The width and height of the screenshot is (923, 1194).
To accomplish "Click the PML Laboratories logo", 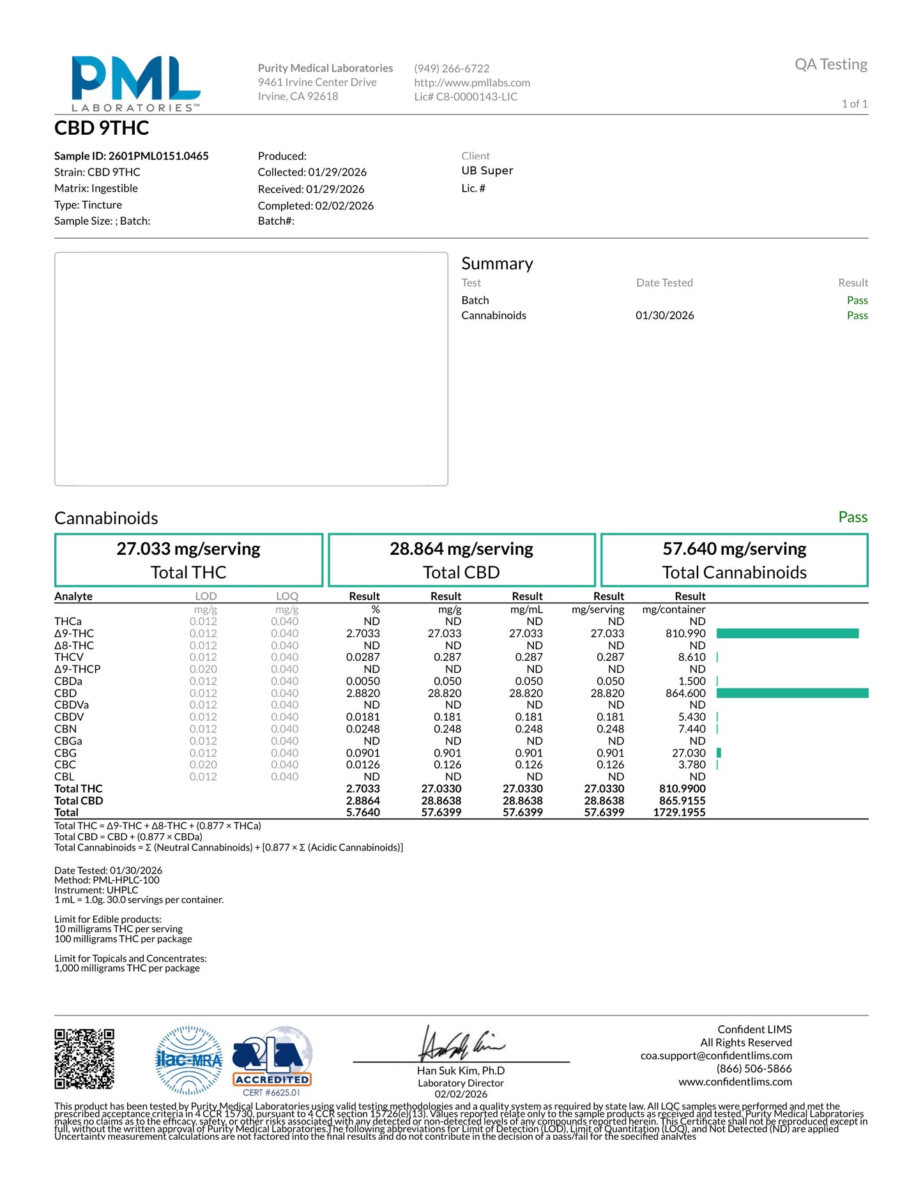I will click(x=135, y=84).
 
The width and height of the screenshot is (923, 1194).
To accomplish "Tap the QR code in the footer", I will click(x=84, y=1059).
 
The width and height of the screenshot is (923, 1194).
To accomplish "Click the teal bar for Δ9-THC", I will click(x=787, y=633).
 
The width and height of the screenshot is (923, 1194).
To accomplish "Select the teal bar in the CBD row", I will click(x=792, y=693).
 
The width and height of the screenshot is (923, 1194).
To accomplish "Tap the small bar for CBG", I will click(x=719, y=753).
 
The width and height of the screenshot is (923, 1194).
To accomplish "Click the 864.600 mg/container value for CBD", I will click(x=685, y=693).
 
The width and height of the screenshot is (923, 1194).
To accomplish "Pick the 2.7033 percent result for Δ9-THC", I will click(x=363, y=633).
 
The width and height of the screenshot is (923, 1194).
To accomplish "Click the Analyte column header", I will click(x=73, y=596).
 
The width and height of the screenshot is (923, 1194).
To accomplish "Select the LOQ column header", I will click(x=287, y=596).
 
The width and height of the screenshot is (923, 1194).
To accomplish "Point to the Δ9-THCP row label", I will click(x=77, y=669).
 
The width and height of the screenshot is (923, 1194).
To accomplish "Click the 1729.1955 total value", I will click(x=679, y=813).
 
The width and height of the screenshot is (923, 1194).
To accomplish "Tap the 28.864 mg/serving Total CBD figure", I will click(x=461, y=549).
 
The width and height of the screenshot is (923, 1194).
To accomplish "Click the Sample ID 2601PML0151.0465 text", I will click(x=132, y=156).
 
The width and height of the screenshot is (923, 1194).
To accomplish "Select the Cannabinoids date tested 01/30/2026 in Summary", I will click(x=664, y=315).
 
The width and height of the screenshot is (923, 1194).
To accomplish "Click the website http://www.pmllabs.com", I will click(x=472, y=82).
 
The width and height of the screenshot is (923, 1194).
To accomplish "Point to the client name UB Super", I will click(x=487, y=170).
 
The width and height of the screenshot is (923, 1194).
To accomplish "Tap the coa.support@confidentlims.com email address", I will click(x=716, y=1055).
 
